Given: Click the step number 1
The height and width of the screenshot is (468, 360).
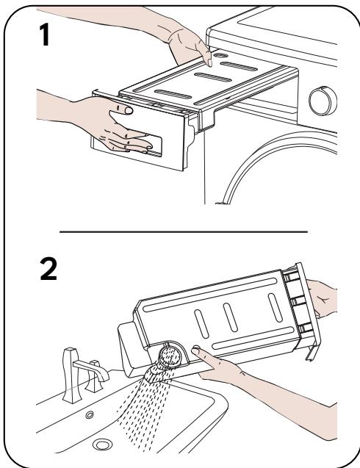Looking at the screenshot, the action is tap(45, 35).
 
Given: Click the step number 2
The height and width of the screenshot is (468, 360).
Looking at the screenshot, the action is tap(48, 269).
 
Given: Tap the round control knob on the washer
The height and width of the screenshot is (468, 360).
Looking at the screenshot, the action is tap(323, 101).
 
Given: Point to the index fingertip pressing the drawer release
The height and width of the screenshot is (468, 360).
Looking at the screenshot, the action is tap(209, 62).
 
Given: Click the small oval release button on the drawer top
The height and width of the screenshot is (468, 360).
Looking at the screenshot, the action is tap(221, 55).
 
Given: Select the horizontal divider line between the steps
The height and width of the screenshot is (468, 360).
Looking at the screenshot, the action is tap(183, 231).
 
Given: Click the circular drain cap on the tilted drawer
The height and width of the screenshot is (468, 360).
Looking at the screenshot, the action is tap(170, 356).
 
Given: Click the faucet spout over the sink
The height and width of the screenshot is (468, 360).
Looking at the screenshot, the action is tap(91, 370).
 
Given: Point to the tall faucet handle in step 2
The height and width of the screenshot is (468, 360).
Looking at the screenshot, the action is tap(72, 375).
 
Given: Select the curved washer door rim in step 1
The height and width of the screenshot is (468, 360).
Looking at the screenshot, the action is tap(269, 155).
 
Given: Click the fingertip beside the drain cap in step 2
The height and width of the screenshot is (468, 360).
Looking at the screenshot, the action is tap(196, 350).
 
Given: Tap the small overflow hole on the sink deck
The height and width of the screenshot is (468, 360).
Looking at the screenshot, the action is tap(90, 414).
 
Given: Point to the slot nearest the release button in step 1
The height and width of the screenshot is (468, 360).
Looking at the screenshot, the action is tap(239, 66).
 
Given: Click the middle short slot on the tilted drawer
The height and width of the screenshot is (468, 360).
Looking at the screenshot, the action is tap(230, 317).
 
